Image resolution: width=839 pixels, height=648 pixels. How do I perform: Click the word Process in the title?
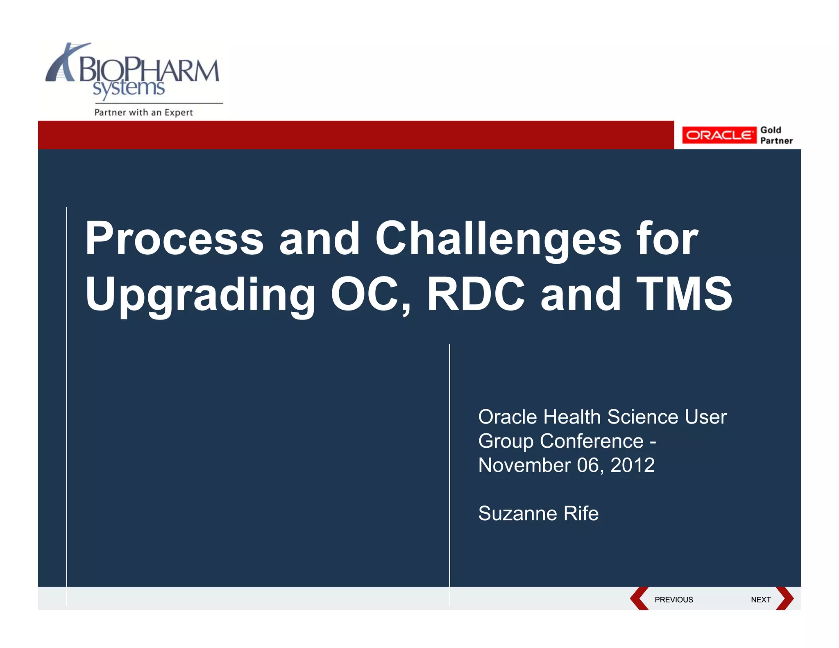click(x=174, y=239)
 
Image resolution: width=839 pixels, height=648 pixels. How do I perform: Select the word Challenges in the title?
click(x=498, y=239)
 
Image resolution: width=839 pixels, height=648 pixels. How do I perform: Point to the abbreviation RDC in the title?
click(x=476, y=294)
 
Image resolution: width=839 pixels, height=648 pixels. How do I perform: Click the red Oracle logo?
click(x=719, y=135)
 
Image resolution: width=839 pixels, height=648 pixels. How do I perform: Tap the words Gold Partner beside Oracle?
click(x=776, y=135)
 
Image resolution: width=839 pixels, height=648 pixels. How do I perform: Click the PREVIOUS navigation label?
click(x=673, y=600)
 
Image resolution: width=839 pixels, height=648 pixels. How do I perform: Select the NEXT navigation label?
click(x=760, y=600)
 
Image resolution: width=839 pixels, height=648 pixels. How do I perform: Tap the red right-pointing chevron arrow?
click(x=785, y=598)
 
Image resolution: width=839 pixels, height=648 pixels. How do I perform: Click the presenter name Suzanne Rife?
click(x=538, y=514)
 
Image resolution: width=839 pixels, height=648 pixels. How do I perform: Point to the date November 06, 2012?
click(x=566, y=465)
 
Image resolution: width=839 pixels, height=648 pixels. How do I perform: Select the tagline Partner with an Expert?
click(x=143, y=113)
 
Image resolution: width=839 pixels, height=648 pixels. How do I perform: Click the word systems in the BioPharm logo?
click(x=129, y=88)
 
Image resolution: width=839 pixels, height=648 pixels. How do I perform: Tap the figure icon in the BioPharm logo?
click(x=61, y=63)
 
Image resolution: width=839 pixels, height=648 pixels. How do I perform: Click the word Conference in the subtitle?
click(x=591, y=442)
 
